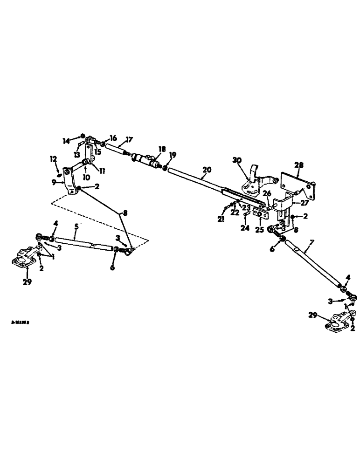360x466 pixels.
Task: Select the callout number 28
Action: tap(298, 164)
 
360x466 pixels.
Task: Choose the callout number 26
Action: tap(267, 194)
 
